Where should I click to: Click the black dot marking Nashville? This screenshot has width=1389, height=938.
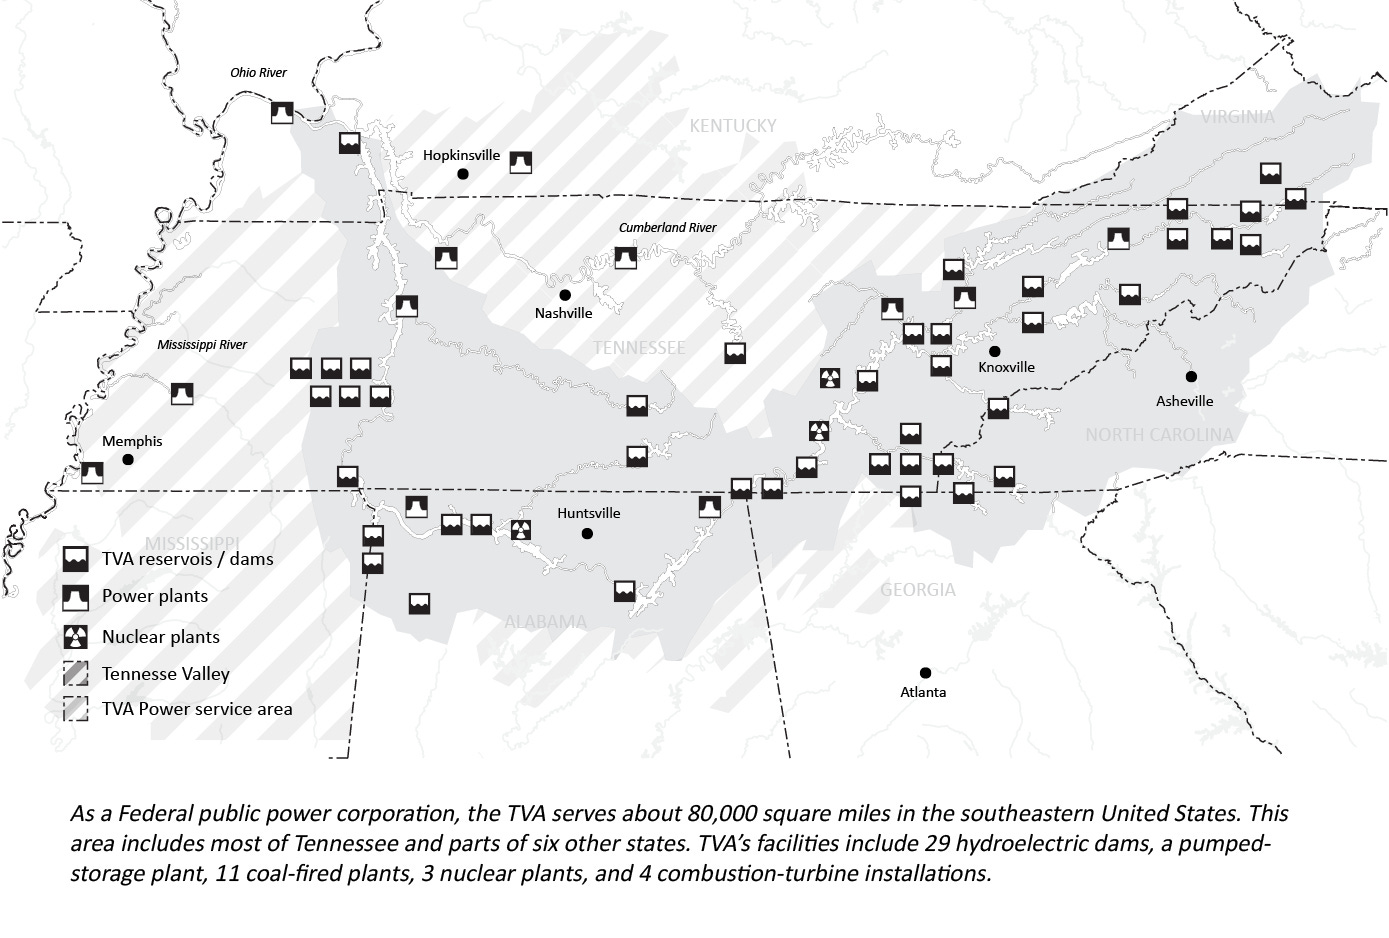[564, 295]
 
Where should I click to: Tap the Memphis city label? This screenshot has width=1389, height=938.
[132, 441]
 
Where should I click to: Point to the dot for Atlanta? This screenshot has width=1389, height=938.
[925, 673]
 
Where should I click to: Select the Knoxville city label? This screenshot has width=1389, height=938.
[1006, 367]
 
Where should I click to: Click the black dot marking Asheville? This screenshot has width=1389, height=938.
[1191, 377]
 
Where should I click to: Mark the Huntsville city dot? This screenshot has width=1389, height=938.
[587, 534]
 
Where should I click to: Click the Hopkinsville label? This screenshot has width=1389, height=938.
[461, 155]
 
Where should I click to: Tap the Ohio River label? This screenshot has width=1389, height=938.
[258, 73]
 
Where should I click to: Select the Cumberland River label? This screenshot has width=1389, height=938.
[667, 228]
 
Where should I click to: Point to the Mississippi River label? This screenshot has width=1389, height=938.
[202, 345]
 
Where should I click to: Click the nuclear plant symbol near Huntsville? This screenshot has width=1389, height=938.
[520, 530]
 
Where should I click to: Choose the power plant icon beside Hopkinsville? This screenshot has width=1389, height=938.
[520, 162]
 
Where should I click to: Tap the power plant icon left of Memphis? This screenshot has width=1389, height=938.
[92, 472]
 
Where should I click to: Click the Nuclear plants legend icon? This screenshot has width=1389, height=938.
[76, 637]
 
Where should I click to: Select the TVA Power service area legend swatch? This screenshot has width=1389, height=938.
[76, 709]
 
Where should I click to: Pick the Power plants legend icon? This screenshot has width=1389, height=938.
[76, 597]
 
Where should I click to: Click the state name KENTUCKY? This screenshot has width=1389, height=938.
[732, 126]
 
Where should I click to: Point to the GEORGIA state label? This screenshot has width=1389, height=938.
[917, 590]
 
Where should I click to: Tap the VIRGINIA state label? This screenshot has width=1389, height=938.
[1237, 117]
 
